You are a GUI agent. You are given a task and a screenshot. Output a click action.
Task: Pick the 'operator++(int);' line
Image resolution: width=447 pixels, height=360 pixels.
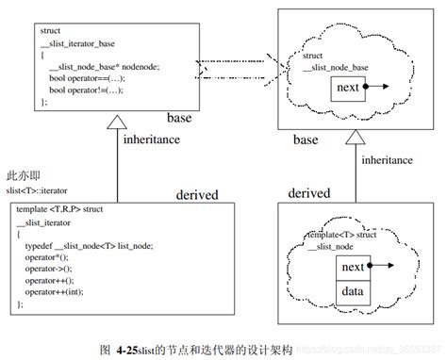pos(57,293)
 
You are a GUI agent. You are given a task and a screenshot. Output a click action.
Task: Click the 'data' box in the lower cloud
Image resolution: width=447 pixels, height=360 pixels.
pos(352,292)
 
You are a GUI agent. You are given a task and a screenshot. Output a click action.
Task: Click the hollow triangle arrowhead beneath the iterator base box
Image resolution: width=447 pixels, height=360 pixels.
pos(118,120)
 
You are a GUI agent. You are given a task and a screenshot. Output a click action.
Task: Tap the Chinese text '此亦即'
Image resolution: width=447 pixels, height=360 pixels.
pos(23,176)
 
